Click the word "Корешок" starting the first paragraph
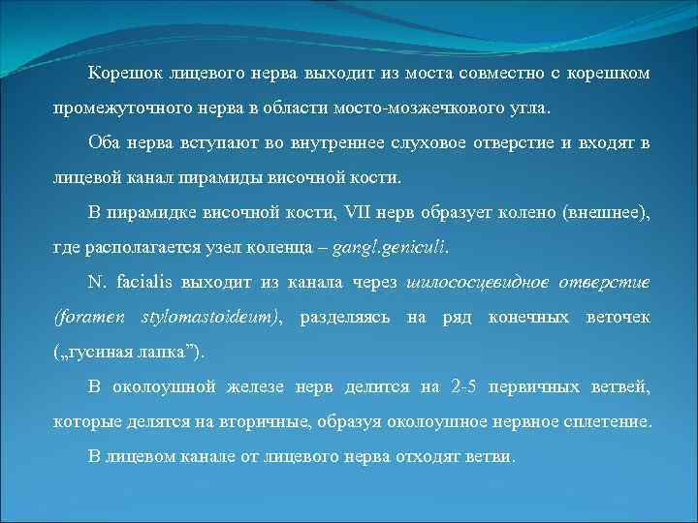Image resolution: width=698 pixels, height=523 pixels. [x=124, y=74]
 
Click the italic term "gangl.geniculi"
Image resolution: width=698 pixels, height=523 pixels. [x=391, y=247]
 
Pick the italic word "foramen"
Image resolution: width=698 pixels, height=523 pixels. [x=89, y=317]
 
